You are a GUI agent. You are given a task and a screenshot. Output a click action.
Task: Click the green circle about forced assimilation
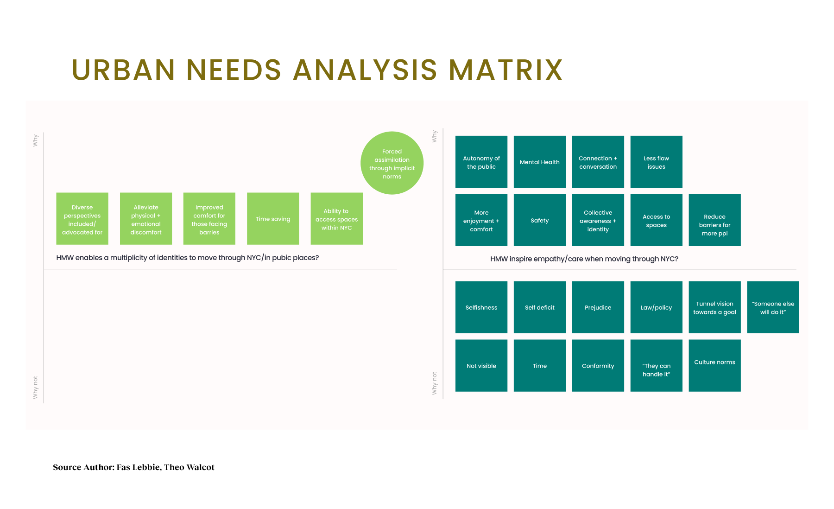[392, 163]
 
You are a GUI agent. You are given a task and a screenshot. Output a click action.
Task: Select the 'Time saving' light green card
[273, 219]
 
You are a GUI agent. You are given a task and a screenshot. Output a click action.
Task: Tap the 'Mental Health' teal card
[540, 162]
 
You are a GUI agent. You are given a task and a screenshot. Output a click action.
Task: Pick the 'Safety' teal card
[540, 220]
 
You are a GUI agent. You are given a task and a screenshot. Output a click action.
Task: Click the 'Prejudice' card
[598, 307]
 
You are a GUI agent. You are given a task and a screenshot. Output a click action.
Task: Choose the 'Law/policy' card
[657, 307]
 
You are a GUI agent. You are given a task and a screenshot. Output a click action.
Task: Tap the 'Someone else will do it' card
[773, 307]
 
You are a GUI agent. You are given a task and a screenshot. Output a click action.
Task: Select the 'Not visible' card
[481, 365]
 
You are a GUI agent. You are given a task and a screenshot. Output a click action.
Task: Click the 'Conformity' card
[598, 365]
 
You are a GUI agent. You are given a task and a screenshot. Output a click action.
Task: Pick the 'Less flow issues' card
[657, 162]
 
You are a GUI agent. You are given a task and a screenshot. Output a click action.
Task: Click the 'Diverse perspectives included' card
[82, 219]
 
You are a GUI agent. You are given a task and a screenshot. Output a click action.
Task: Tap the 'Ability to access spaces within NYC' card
[337, 219]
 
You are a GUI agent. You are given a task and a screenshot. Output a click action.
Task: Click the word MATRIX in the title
[505, 70]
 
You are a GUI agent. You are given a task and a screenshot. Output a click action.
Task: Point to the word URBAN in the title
[124, 70]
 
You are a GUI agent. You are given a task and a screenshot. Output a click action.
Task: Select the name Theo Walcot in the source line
[189, 467]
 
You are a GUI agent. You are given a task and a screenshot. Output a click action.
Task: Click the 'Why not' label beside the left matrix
[35, 387]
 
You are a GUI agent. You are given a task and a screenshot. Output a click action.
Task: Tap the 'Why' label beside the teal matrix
[434, 136]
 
